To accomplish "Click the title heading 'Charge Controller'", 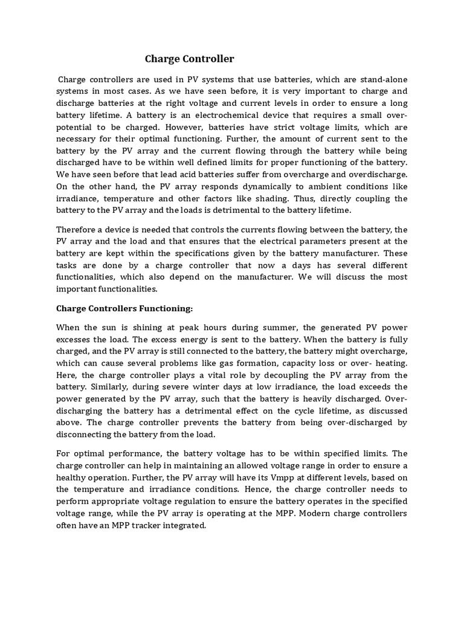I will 189,59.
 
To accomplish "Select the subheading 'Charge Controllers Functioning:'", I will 124,308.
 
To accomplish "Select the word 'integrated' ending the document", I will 186,525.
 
